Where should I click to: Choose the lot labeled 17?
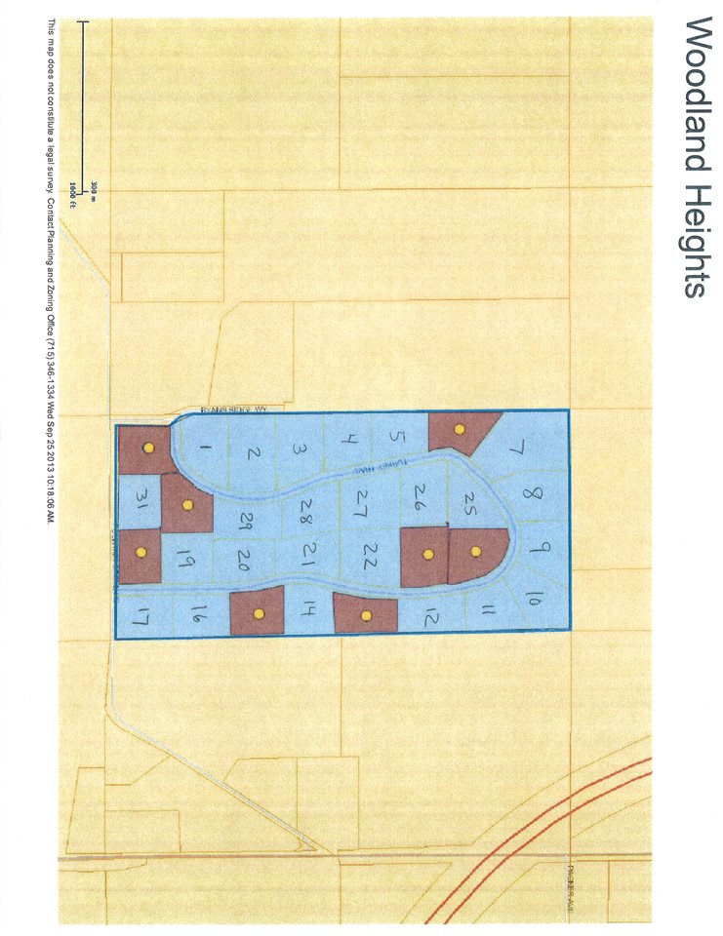point(142,615)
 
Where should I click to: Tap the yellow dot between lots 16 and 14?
point(259,613)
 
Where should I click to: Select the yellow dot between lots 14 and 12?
point(366,615)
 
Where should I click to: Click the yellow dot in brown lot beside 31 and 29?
point(188,504)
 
